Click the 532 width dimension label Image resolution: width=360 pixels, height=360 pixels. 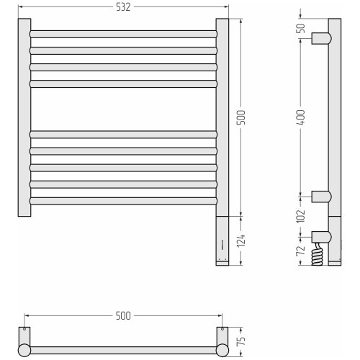tap(123, 7)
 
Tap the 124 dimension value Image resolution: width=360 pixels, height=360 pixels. tap(243, 240)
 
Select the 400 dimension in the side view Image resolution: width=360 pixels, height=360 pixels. tap(302, 117)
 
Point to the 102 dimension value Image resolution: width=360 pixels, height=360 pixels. tap(302, 216)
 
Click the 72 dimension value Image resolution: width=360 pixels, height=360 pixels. tap(302, 251)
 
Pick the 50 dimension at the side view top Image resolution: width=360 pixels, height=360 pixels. tap(302, 29)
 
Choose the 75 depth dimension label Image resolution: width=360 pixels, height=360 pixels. tap(243, 341)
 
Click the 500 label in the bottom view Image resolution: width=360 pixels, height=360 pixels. tap(123, 316)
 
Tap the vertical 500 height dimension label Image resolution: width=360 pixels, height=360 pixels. tap(243, 117)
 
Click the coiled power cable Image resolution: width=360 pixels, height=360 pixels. tap(317, 254)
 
